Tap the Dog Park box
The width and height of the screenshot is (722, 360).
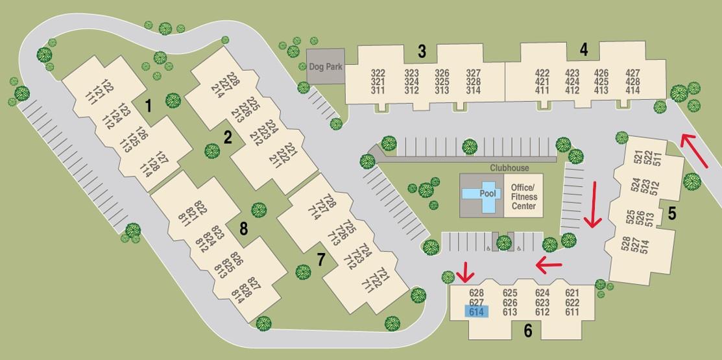tap(326, 66)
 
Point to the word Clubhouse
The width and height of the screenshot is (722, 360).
tap(509, 168)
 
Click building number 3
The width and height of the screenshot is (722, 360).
tap(422, 50)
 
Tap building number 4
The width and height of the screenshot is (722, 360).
tap(584, 49)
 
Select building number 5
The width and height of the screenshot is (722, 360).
tap(672, 212)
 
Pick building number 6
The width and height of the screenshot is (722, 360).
tap(527, 331)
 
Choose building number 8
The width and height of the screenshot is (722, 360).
tap(244, 228)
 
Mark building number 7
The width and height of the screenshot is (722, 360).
tap(320, 258)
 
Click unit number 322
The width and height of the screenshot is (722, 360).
tap(378, 73)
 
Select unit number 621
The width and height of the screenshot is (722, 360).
tap(572, 293)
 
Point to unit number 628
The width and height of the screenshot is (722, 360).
tap(476, 293)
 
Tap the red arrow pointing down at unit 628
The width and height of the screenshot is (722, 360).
tap(465, 272)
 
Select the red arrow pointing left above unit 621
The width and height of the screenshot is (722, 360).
tap(548, 263)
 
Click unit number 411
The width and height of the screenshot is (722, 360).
tap(542, 90)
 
